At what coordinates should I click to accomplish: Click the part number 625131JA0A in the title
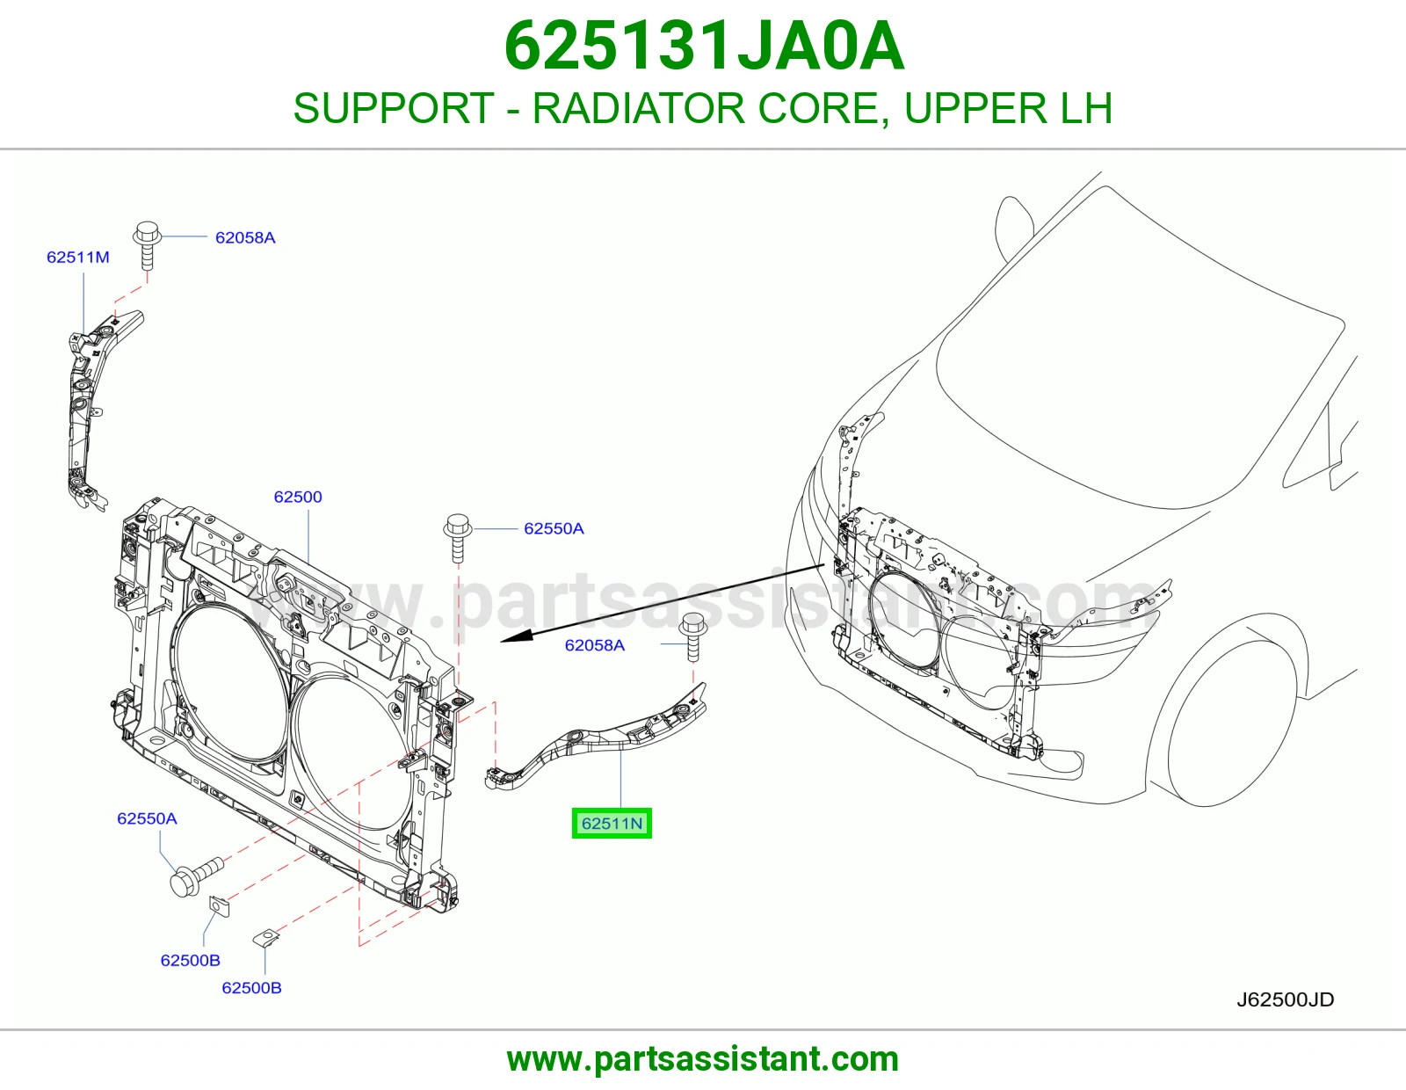coord(704,47)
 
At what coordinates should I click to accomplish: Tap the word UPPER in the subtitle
coord(975,108)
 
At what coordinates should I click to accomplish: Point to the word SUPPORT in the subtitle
coord(394,108)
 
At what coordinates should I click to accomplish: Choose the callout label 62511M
coord(77,257)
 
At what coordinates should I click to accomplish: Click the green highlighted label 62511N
coord(612,824)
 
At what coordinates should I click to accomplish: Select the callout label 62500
coord(298,497)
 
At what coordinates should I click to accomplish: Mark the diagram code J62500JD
coord(1285,1000)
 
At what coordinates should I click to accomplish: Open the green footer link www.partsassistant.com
coord(703,1059)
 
